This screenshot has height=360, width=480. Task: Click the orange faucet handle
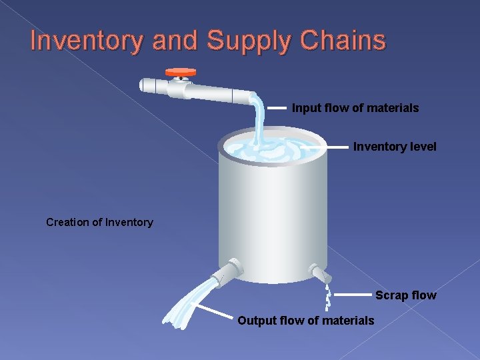[x=181, y=71]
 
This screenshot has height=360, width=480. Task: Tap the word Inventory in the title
[x=87, y=41]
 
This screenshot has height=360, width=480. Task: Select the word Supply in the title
[x=247, y=41]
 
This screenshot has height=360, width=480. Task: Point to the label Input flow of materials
[x=355, y=108]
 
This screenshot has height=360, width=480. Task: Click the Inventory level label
[x=395, y=147]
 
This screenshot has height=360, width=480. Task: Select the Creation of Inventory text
[x=99, y=223]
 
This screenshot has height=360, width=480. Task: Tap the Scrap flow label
[x=405, y=295]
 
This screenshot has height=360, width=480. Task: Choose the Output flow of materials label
[x=306, y=321]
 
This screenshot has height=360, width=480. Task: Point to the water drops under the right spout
[x=327, y=297]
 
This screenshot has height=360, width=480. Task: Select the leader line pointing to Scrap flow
[x=351, y=294]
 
